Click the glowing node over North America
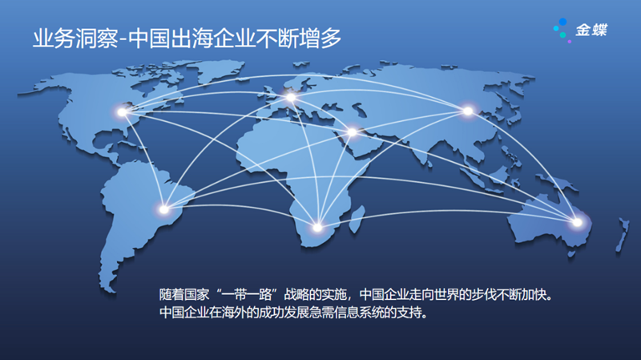pos(123,112)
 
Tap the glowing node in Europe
pos(291,98)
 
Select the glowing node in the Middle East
pos(352,132)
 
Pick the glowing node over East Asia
pos(468,111)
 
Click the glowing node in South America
pos(164,210)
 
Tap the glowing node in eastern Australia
pos(575,222)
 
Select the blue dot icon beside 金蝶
pos(562,30)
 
